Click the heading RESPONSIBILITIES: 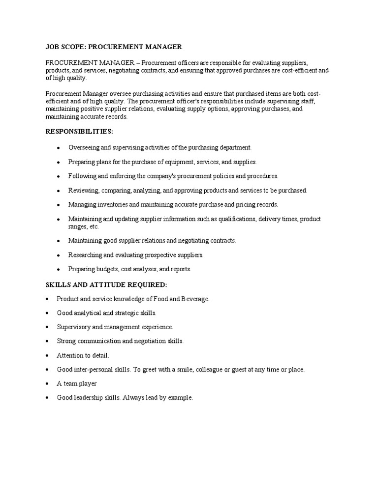(x=79, y=132)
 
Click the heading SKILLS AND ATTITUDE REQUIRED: (x=106, y=284)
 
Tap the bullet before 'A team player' (x=46, y=384)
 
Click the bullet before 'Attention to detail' (x=46, y=355)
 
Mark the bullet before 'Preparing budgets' (x=59, y=269)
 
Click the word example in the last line (x=181, y=398)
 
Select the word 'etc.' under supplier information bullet (x=93, y=226)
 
